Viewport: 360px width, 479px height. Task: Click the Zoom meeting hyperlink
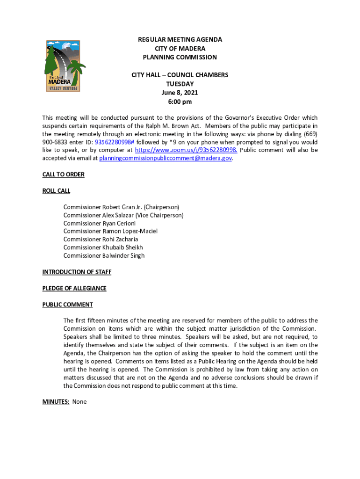pyautogui.click(x=186, y=150)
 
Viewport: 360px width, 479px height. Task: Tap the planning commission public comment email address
pyautogui.click(x=166, y=158)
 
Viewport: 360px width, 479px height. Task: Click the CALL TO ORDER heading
pyautogui.click(x=63, y=174)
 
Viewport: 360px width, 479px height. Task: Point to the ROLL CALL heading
pyautogui.click(x=56, y=191)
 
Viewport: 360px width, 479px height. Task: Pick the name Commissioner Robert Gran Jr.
pyautogui.click(x=121, y=207)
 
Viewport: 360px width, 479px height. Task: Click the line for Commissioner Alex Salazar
pyautogui.click(x=123, y=215)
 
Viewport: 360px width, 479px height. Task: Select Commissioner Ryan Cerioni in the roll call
pyautogui.click(x=100, y=223)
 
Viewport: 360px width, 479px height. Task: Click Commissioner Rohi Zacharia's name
pyautogui.click(x=101, y=239)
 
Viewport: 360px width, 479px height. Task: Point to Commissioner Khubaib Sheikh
pyautogui.click(x=103, y=247)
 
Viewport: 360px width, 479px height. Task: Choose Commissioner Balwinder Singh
pyautogui.click(x=104, y=255)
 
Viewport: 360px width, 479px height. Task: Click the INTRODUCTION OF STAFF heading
pyautogui.click(x=77, y=272)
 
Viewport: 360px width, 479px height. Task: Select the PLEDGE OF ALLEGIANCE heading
pyautogui.click(x=74, y=288)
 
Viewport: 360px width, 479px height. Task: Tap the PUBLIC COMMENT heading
pyautogui.click(x=67, y=305)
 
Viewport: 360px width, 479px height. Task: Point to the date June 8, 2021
pyautogui.click(x=180, y=93)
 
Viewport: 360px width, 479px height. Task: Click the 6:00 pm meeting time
pyautogui.click(x=180, y=102)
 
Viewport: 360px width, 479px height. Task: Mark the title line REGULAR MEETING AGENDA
pyautogui.click(x=180, y=40)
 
